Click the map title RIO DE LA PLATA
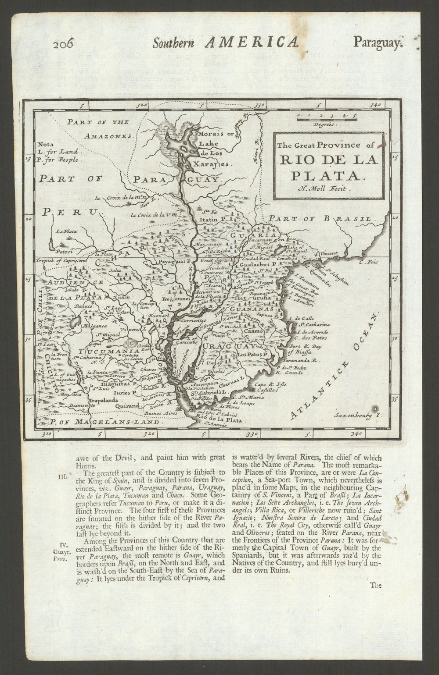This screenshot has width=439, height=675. pyautogui.click(x=328, y=167)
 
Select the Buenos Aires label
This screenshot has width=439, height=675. pyautogui.click(x=160, y=413)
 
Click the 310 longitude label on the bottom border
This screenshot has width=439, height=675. pyautogui.click(x=47, y=434)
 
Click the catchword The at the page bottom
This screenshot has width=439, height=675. pyautogui.click(x=376, y=585)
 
